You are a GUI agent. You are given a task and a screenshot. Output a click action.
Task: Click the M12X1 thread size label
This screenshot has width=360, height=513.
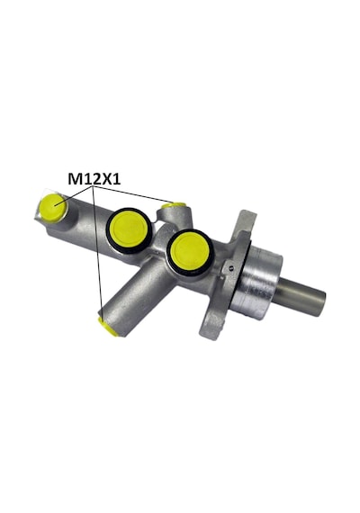tap(94, 179)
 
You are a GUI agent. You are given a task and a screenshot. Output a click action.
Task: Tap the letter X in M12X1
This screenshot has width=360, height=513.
tap(107, 179)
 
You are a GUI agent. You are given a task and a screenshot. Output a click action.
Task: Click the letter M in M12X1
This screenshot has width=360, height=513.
tap(74, 179)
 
